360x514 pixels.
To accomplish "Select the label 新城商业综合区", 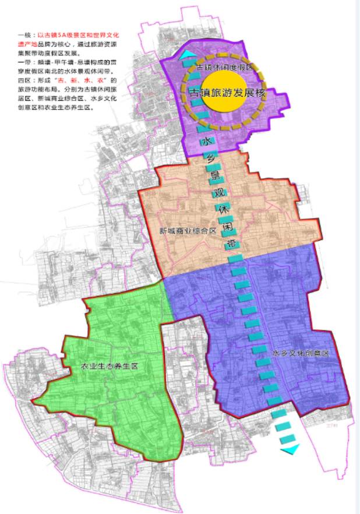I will pyautogui.click(x=188, y=231).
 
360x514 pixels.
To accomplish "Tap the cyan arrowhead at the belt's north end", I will pyautogui.click(x=188, y=56).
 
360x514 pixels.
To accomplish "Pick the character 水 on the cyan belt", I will pyautogui.click(x=205, y=142).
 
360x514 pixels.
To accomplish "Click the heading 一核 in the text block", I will pyautogui.click(x=23, y=35).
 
